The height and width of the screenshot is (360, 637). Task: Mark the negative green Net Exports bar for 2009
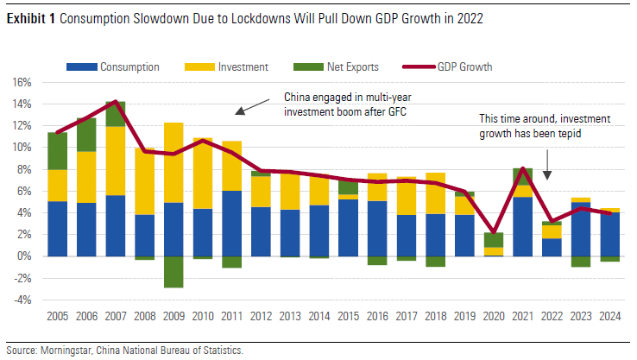coord(173,272)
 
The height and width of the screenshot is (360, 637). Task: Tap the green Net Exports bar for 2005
coord(58,151)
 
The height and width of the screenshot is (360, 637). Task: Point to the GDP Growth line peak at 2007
coord(115,102)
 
